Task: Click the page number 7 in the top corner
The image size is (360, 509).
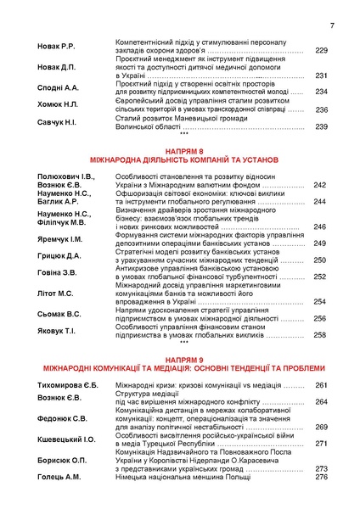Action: pos(332,25)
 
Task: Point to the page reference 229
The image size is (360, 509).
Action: pos(321,51)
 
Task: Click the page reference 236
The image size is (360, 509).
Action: pos(321,109)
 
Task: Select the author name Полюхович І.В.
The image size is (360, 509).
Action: pos(66,176)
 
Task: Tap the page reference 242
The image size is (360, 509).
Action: pos(319,185)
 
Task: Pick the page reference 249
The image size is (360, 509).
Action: pos(319,243)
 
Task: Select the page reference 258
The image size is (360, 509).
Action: pos(319,335)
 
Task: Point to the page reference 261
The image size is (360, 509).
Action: pos(321,386)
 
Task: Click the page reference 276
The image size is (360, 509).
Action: pos(321,477)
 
